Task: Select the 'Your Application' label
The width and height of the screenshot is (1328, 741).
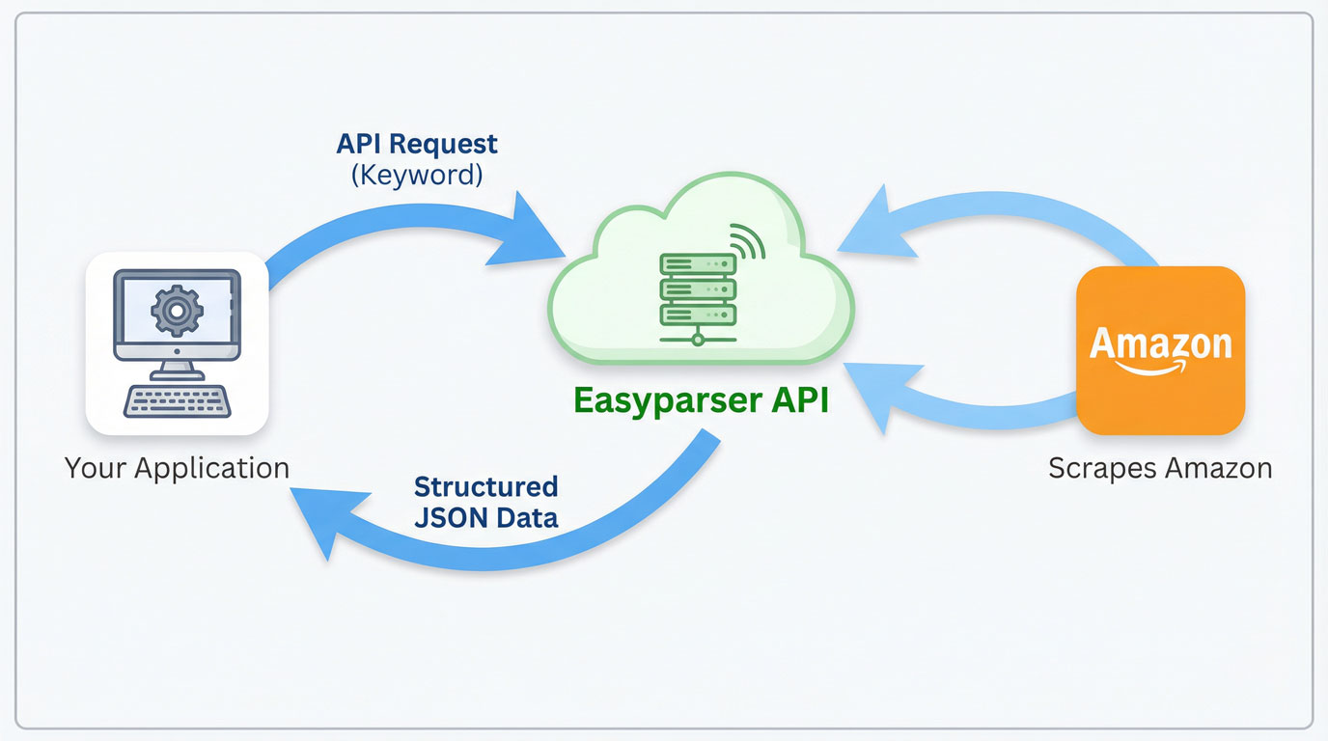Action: (x=177, y=469)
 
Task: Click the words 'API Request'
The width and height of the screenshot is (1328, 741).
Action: (x=417, y=144)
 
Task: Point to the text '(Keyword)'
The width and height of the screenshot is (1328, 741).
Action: (x=417, y=176)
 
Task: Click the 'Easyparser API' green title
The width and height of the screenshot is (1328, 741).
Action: (x=700, y=400)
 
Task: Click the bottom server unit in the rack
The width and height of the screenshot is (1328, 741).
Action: (x=697, y=315)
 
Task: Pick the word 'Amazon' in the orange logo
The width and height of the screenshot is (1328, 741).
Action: (x=1160, y=343)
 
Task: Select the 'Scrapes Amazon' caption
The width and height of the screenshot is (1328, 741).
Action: (x=1160, y=469)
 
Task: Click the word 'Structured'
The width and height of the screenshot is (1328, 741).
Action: (x=485, y=485)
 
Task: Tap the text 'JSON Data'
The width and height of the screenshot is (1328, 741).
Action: (x=485, y=517)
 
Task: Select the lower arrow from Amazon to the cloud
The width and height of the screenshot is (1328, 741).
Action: (x=965, y=396)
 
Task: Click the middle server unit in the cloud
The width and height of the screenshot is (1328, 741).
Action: (x=697, y=289)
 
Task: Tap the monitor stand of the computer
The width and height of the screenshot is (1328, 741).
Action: (x=176, y=370)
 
